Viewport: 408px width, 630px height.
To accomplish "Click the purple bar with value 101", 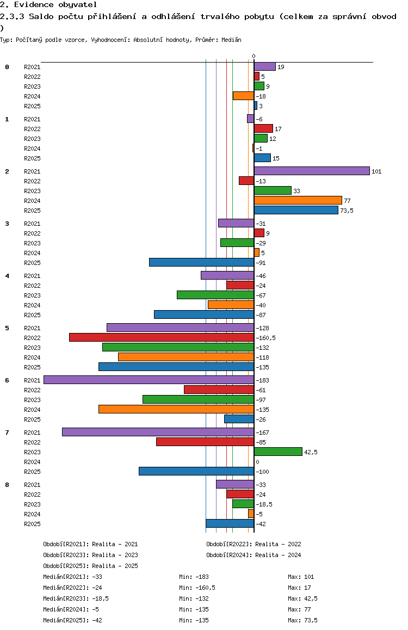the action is (312, 171).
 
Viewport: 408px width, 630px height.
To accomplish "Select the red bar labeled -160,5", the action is (162, 337).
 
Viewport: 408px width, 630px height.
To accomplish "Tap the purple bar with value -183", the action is (149, 380).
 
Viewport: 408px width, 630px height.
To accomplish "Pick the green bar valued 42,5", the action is (278, 452).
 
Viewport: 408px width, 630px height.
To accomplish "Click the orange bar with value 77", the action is (298, 201).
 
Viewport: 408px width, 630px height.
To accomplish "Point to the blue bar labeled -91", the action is (202, 262).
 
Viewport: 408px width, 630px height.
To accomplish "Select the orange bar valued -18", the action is (243, 96).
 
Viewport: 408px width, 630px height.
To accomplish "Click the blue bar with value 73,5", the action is (296, 210).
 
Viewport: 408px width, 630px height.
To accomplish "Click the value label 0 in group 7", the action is (257, 462).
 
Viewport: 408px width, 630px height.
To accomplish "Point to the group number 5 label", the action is (7, 328).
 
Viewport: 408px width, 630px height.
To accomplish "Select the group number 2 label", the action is (7, 171).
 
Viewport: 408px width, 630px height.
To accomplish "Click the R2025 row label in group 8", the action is (32, 524).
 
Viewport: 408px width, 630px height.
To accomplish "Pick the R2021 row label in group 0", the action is (32, 67).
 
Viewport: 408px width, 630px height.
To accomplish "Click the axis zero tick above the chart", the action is (254, 56).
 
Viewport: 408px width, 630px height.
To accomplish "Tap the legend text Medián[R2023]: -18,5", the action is (76, 598).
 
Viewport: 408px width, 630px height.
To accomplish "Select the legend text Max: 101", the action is (301, 577).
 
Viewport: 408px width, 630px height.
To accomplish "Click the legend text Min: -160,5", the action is (197, 588).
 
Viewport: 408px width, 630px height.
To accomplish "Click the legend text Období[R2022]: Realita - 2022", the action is (254, 545).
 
